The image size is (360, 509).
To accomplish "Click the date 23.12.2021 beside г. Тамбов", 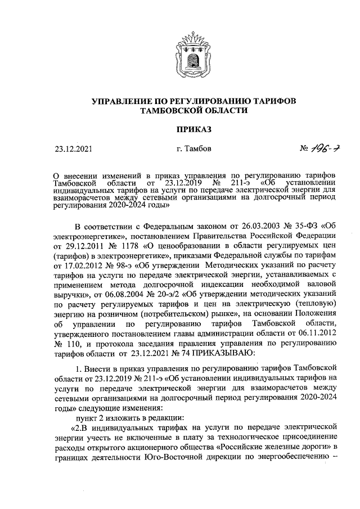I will tap(74, 150).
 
